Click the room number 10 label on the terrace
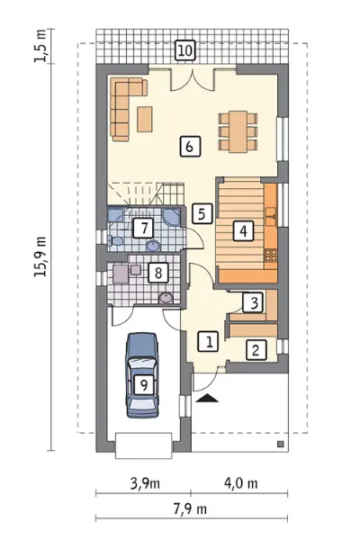tap(185, 50)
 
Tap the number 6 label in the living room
tap(190, 147)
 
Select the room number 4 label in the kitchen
tap(243, 230)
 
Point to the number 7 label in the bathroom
tap(143, 229)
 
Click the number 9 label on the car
tap(144, 385)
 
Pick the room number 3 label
tap(255, 302)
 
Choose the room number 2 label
tap(256, 350)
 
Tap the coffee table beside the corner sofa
tap(144, 119)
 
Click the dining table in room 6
tap(238, 131)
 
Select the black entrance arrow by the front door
tap(207, 398)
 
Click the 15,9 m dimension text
tap(40, 257)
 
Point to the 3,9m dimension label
tap(145, 483)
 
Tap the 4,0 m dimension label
tap(241, 483)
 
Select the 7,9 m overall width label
tap(190, 508)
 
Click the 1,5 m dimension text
tap(40, 46)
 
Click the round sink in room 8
tap(166, 298)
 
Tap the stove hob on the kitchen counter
tap(270, 255)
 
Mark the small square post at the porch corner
tap(280, 444)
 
